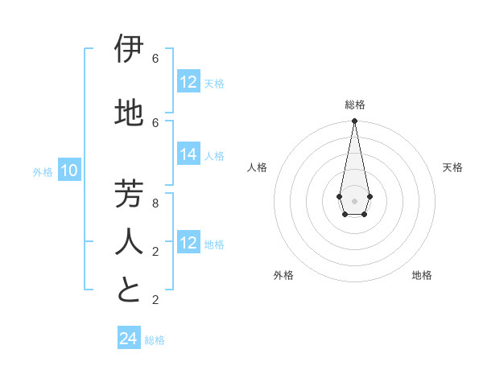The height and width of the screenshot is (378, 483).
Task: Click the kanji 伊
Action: pyautogui.click(x=129, y=49)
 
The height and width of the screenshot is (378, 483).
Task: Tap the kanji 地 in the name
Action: pyautogui.click(x=129, y=113)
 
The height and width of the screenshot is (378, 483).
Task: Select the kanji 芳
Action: pyautogui.click(x=129, y=194)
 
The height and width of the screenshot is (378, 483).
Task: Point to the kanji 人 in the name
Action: pyautogui.click(x=129, y=242)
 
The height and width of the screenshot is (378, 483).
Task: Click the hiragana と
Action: pyautogui.click(x=129, y=290)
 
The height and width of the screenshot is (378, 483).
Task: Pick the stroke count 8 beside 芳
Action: pyautogui.click(x=155, y=203)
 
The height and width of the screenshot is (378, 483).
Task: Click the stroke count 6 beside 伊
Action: pyautogui.click(x=155, y=59)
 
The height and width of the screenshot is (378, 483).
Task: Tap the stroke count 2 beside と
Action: pyautogui.click(x=155, y=300)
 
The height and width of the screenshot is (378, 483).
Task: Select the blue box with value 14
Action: pyautogui.click(x=188, y=154)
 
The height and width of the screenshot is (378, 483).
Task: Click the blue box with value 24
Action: pyautogui.click(x=128, y=339)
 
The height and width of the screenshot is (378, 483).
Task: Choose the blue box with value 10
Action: pyautogui.click(x=69, y=171)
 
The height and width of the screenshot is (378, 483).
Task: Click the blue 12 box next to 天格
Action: pyautogui.click(x=188, y=82)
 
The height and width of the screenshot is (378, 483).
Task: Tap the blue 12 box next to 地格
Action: pyautogui.click(x=188, y=243)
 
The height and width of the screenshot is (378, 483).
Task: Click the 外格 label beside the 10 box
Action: pyautogui.click(x=43, y=171)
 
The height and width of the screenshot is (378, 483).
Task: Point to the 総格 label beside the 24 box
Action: pyautogui.click(x=155, y=340)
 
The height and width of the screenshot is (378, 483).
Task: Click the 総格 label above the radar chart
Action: pyautogui.click(x=354, y=105)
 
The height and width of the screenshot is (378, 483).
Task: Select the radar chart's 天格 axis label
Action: pyautogui.click(x=452, y=167)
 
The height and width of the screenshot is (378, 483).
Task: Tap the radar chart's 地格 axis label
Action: pyautogui.click(x=422, y=275)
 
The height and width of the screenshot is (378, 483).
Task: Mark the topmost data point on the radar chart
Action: pyautogui.click(x=354, y=121)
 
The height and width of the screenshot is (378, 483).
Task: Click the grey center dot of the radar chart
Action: pyautogui.click(x=354, y=200)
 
